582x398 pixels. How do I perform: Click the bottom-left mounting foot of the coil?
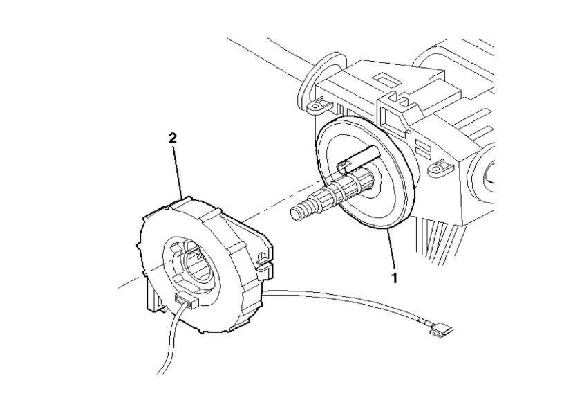(x=152, y=300)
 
